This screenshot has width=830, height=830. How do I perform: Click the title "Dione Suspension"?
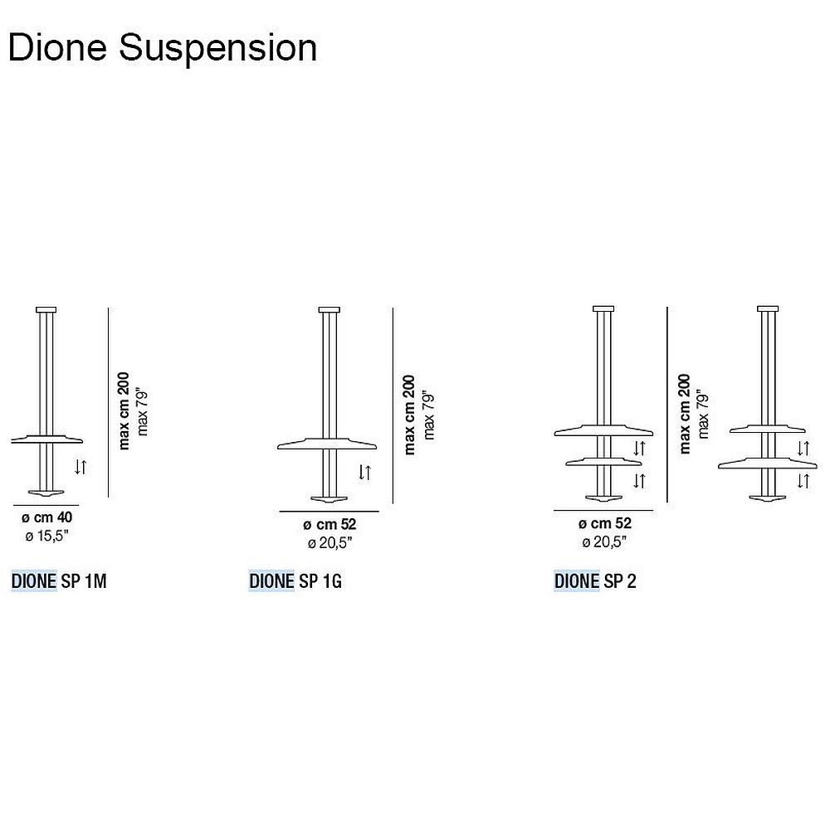[163, 48]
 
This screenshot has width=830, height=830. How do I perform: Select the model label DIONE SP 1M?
[59, 581]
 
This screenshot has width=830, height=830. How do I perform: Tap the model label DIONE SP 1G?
[295, 581]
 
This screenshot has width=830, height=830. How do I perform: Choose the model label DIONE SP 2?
[595, 581]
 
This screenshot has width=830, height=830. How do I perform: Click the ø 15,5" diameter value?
[46, 536]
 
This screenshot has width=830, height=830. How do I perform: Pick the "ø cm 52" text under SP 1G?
[330, 525]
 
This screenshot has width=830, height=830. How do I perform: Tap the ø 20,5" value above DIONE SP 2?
[604, 542]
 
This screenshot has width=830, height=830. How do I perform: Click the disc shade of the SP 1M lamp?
[46, 439]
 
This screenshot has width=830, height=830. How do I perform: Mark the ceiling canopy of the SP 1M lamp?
[46, 308]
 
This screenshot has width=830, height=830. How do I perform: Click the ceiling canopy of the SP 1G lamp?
[329, 309]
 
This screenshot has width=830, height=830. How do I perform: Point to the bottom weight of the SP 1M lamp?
[46, 492]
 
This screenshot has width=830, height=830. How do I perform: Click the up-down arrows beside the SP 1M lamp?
[80, 467]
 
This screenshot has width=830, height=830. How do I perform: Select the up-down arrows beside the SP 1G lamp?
[365, 473]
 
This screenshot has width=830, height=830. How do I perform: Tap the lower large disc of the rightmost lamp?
[769, 462]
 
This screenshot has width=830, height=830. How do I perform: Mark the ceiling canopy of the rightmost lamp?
[769, 309]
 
